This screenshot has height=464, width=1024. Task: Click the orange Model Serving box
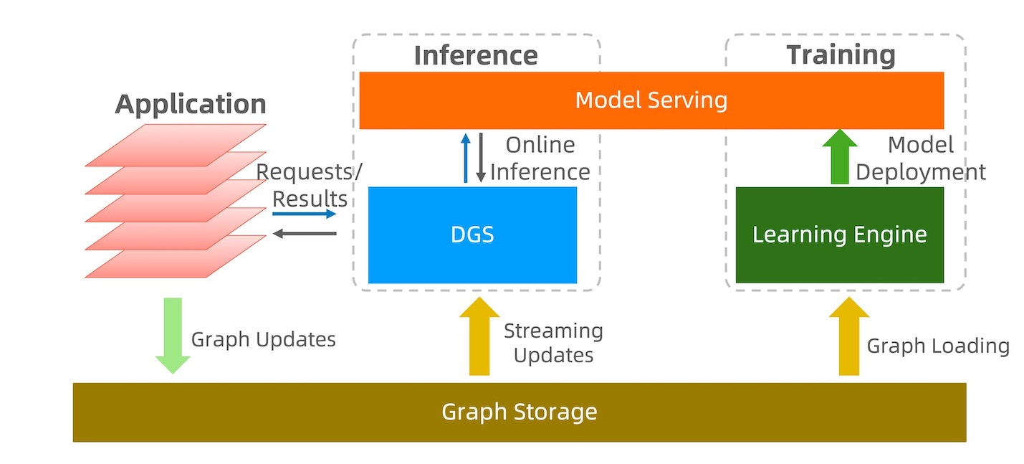pos(651,100)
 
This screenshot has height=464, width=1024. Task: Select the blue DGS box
pos(472,235)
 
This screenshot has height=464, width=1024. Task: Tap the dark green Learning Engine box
pos(839,235)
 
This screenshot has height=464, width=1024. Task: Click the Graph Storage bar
pos(519,412)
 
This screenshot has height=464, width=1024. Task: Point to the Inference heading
pos(476,55)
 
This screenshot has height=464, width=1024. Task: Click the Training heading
pos(841,55)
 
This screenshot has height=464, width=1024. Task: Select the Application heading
pos(191,104)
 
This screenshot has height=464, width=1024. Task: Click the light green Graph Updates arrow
pos(173,335)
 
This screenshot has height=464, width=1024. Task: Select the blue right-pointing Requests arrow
pos(304,214)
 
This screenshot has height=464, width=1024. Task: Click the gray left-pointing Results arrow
pos(304,233)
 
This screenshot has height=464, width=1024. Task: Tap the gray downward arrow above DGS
pos(481,158)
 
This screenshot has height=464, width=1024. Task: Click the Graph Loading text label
pos(937,346)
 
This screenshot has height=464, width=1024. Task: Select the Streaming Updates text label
pos(553,343)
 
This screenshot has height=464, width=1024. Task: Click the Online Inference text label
pos(540,158)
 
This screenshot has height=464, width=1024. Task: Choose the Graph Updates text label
pos(263,339)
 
